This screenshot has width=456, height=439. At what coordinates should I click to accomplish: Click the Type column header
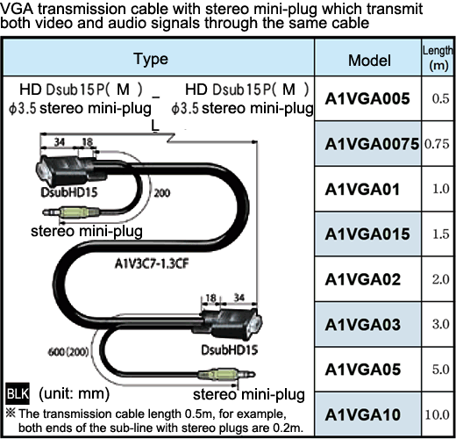coord(151,59)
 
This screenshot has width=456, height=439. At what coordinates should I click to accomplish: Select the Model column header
coord(369,61)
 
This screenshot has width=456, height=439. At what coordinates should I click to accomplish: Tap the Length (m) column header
coord(438,58)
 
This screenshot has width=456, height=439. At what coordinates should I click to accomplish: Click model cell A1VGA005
coord(367,98)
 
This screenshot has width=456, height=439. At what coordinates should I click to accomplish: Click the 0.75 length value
coord(437,144)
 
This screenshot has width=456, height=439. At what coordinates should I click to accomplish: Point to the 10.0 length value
coord(437,414)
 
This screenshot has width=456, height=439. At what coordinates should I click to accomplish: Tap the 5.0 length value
coord(441,370)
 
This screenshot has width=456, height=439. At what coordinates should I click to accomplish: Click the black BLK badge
coord(18,393)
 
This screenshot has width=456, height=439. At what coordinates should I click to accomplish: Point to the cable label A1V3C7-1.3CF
coord(152,263)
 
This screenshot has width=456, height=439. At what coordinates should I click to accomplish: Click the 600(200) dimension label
coord(68,351)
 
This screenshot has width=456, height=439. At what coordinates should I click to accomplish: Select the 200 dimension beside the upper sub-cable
coord(162,193)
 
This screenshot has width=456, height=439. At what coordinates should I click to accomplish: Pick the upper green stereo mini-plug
coord(72,212)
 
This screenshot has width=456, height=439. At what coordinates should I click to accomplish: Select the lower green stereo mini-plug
coord(227,374)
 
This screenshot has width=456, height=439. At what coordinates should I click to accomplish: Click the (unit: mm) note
coord(75,394)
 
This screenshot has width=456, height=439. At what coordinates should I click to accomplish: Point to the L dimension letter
coord(155,126)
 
